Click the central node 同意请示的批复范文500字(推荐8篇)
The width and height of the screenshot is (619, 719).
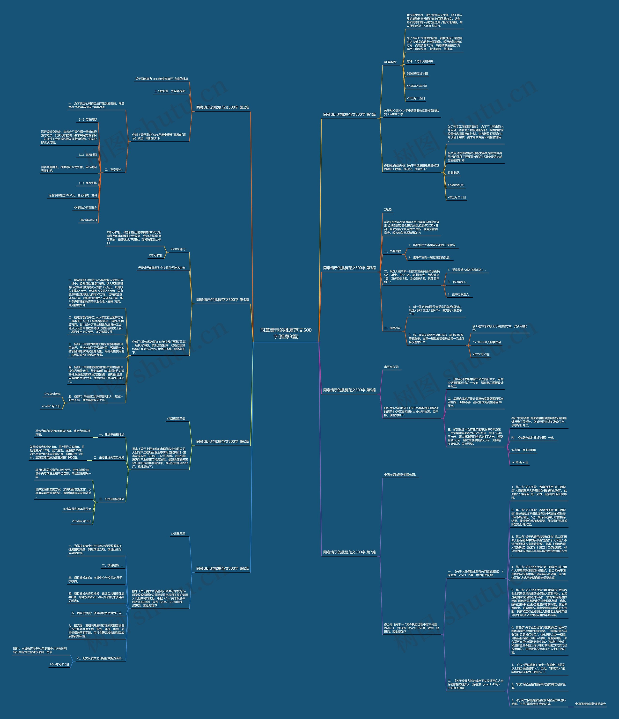[286, 333]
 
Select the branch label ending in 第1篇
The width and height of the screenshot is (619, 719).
[349, 115]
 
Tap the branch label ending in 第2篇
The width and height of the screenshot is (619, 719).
[222, 108]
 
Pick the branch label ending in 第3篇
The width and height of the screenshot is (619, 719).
[349, 268]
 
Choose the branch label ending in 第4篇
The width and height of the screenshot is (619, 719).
[222, 300]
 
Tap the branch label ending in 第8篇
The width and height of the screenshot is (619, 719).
[222, 568]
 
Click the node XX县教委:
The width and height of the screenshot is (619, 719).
[390, 62]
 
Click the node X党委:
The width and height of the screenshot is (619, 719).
[388, 210]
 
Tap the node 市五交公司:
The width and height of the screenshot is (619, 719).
[391, 367]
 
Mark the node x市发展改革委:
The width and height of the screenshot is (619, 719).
[176, 419]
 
